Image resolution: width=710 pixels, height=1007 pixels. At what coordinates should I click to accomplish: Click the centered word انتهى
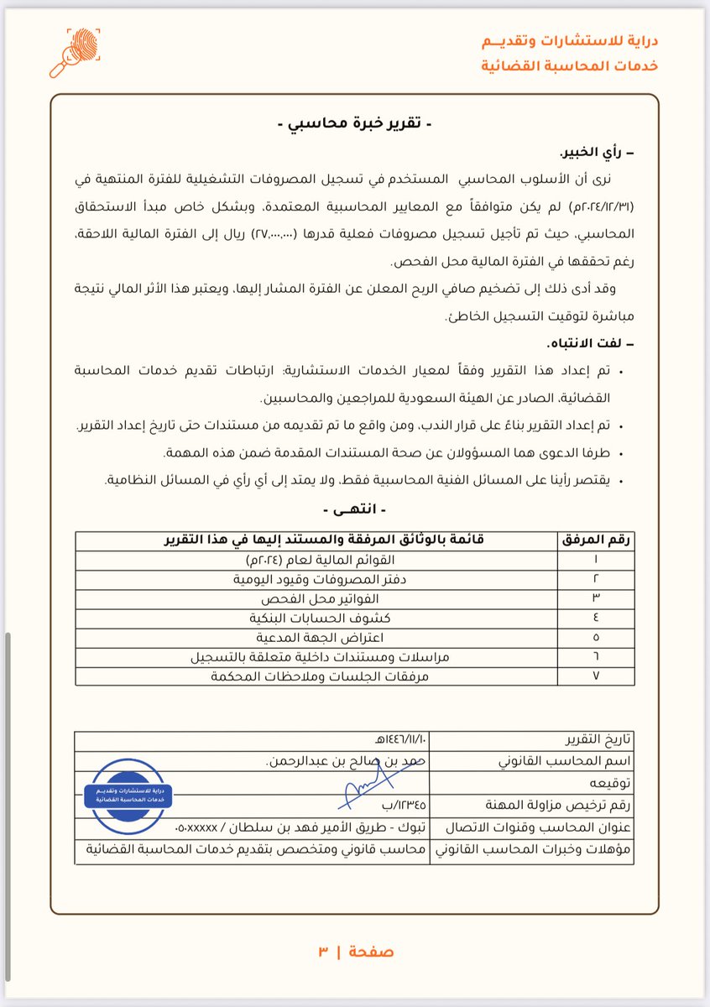click(x=355, y=510)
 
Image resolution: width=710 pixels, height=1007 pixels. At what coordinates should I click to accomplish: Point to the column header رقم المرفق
click(x=598, y=540)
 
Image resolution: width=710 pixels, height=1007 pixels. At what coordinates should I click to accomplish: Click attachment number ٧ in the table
click(x=596, y=676)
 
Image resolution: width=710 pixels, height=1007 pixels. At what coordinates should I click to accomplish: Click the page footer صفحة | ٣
click(x=354, y=951)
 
